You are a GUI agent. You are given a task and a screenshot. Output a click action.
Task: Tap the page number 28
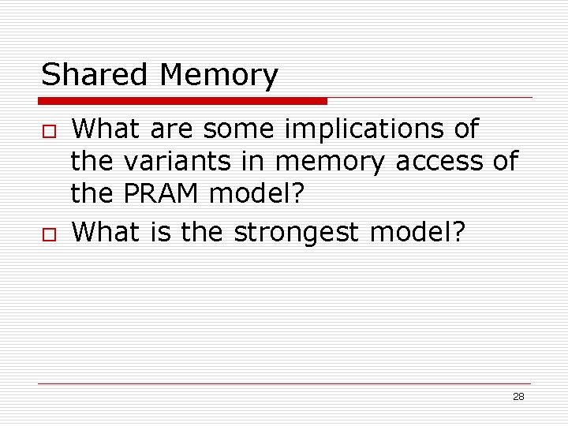518,396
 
